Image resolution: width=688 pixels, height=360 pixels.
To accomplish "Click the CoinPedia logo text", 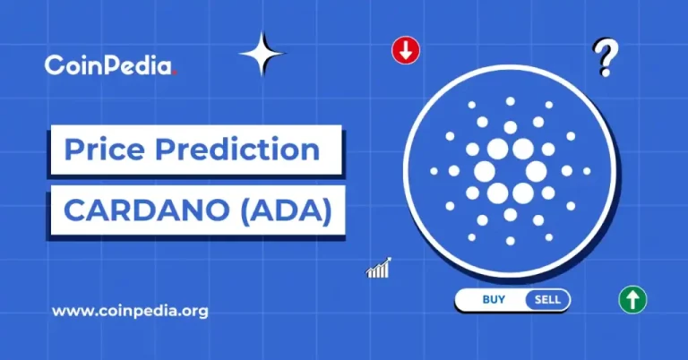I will [x=109, y=64].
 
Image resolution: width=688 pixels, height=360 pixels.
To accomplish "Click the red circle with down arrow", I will [x=406, y=51].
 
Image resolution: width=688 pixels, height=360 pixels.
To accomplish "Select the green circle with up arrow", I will [x=632, y=300].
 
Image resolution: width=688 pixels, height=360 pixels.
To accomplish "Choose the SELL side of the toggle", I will [x=546, y=300].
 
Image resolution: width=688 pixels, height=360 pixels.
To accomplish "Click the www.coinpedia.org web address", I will [x=130, y=312].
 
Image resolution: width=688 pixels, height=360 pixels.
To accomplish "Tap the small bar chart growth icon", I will [x=377, y=268].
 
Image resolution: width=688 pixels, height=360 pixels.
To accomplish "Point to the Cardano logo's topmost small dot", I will [x=510, y=101].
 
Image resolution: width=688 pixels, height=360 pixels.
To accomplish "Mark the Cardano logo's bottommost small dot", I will [x=510, y=239].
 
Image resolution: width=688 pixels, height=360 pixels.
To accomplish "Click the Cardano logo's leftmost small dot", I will [x=434, y=170].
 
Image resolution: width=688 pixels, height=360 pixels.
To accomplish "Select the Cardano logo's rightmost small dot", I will [x=585, y=170].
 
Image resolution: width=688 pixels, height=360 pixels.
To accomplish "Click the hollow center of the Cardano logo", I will [x=510, y=170].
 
